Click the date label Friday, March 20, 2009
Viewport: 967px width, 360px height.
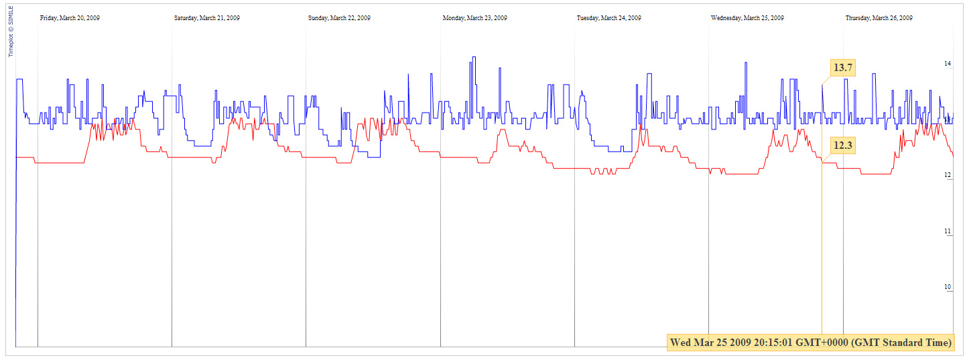click(70, 18)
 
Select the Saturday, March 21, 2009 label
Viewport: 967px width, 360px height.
click(206, 18)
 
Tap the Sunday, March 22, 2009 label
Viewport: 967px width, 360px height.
click(339, 18)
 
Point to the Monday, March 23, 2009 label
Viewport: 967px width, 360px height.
click(474, 18)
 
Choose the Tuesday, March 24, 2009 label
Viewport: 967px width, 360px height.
click(608, 18)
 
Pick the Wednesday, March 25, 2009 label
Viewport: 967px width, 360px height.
click(747, 18)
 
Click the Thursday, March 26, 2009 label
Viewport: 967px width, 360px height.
click(879, 18)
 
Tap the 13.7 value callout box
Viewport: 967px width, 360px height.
click(842, 68)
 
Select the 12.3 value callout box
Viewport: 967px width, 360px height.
click(842, 145)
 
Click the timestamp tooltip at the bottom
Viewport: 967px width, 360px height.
click(811, 343)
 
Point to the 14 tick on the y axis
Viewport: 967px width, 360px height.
click(948, 64)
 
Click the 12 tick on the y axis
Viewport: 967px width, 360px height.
click(948, 175)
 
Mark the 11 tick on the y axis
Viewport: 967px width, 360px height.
click(948, 231)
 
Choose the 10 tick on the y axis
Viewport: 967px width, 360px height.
click(948, 287)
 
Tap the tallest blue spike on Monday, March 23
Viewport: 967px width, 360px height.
click(474, 58)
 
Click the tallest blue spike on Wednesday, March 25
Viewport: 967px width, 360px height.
click(746, 63)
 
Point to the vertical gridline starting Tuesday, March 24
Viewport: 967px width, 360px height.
click(574, 201)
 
